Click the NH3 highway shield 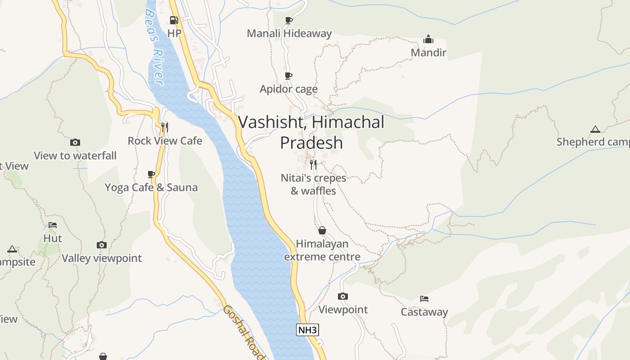(308, 330)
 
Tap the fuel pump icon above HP (174, 20)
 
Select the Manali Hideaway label (289, 33)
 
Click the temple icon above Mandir (428, 40)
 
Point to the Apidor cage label (288, 89)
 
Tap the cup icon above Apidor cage (288, 76)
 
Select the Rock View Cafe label (165, 141)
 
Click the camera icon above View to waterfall (75, 143)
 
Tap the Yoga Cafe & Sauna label (151, 187)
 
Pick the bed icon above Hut (53, 225)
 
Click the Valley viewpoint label (102, 258)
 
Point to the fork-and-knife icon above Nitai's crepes (313, 164)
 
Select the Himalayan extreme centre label (322, 250)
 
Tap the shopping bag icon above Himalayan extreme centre (322, 231)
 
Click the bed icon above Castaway (424, 298)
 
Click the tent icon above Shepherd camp (595, 130)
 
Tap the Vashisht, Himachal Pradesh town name (311, 132)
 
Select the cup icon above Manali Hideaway (289, 20)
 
